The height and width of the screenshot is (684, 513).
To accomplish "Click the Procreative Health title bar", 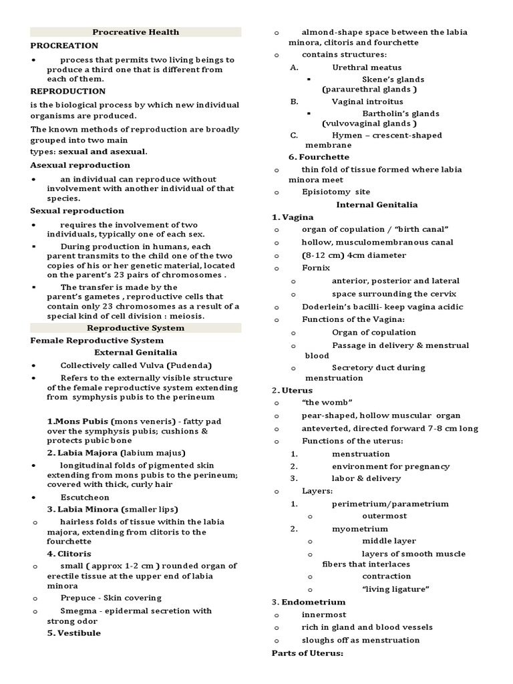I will (136, 32).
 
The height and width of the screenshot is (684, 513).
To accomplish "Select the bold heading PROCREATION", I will (64, 45).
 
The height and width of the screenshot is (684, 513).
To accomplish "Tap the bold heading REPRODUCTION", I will (67, 91).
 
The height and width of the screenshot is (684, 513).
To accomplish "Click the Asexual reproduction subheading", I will (80, 165).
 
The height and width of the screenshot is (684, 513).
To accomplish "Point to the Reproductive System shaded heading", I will (136, 328).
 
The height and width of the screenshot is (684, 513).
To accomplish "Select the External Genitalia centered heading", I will (136, 352).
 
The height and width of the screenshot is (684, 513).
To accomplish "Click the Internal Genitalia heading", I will (377, 204).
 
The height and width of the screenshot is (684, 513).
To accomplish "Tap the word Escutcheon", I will (85, 497).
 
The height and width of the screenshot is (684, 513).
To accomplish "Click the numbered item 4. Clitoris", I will (69, 554).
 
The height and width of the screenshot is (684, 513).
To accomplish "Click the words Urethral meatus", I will (367, 67).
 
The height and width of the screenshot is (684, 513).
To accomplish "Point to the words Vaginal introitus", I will (367, 102).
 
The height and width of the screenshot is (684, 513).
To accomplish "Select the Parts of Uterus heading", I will (307, 653).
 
